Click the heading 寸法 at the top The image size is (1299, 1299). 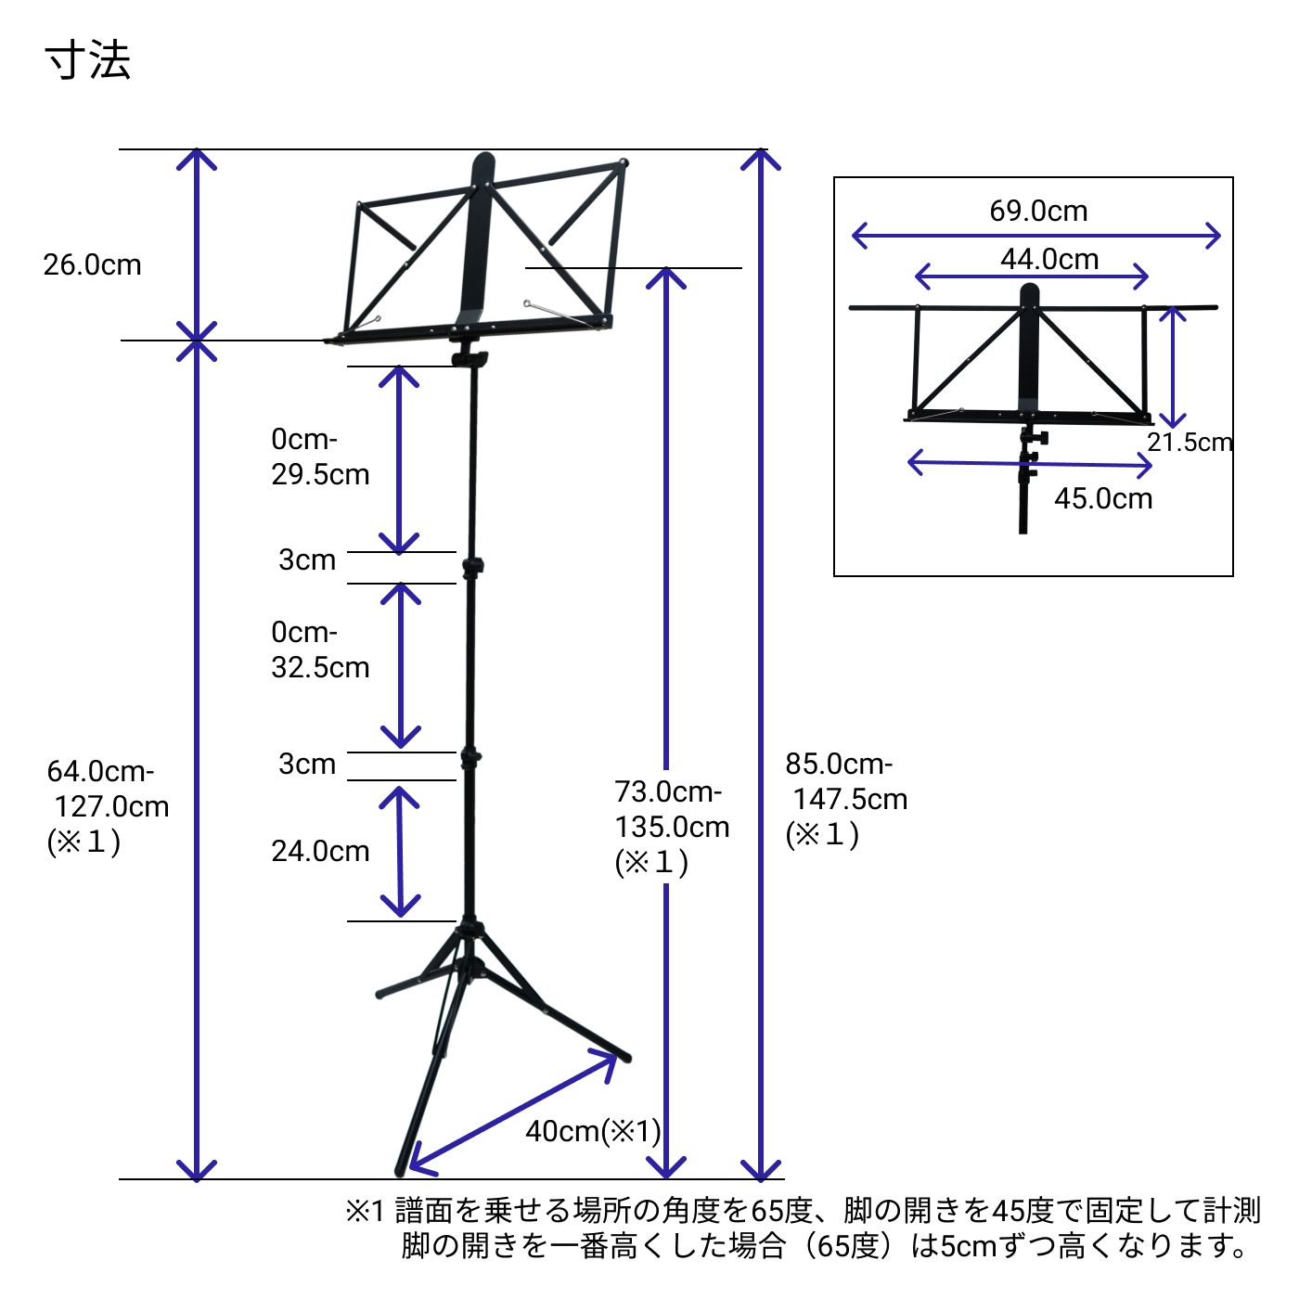tap(88, 60)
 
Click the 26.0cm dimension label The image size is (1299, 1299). tap(92, 265)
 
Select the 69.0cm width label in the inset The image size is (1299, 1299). tap(1038, 212)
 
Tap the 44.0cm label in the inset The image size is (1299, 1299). tap(1049, 260)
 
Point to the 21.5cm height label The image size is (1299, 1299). tap(1190, 443)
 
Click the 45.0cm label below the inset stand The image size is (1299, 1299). tap(1103, 499)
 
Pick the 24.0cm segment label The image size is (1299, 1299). tap(320, 852)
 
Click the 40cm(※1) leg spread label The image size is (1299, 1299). tap(593, 1132)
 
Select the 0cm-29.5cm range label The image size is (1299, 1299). tap(320, 457)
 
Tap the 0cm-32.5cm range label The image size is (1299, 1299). tap(320, 649)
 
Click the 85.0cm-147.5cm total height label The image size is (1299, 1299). tap(845, 799)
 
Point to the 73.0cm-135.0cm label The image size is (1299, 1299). tap(671, 827)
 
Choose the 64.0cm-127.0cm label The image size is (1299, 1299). tap(108, 805)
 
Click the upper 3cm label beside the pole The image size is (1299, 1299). tap(307, 560)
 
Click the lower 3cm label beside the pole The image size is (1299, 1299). tap(307, 765)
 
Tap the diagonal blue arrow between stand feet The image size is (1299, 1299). tap(513, 1112)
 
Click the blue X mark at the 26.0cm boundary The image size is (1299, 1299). tap(196, 341)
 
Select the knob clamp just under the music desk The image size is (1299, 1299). tap(469, 359)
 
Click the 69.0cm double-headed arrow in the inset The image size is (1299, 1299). tap(1036, 236)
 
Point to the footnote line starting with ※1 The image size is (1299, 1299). tap(803, 1211)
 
